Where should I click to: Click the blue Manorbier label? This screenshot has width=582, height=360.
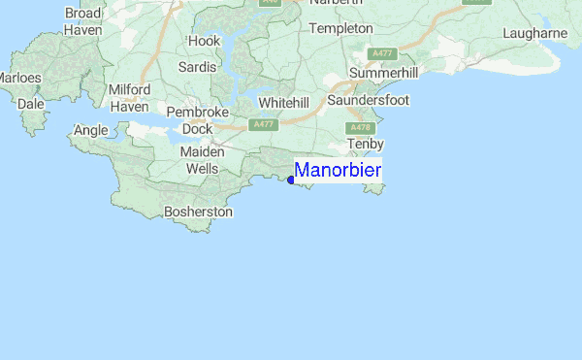(338, 171)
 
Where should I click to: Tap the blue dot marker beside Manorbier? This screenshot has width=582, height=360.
(291, 180)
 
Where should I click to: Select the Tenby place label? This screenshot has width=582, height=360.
(366, 144)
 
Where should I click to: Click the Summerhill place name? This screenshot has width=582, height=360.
(383, 74)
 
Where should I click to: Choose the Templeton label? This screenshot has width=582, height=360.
(340, 29)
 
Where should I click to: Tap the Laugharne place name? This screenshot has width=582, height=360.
(534, 33)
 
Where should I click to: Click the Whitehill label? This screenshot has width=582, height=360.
(284, 102)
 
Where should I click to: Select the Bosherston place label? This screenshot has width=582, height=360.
(199, 211)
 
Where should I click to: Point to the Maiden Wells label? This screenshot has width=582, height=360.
(203, 160)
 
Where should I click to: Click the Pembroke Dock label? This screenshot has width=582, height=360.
(198, 120)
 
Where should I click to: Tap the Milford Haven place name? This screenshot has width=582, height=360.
(129, 98)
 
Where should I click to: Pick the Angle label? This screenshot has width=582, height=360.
(90, 130)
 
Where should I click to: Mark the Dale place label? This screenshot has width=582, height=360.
(31, 102)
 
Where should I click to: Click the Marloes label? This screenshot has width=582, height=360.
(19, 78)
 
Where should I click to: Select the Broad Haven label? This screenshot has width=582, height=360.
(83, 21)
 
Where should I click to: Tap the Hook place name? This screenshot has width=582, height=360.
(205, 42)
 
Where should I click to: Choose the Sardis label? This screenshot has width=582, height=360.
(197, 67)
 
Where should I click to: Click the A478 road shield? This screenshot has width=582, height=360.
(361, 127)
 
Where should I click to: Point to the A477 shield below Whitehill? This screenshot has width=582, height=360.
(262, 125)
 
